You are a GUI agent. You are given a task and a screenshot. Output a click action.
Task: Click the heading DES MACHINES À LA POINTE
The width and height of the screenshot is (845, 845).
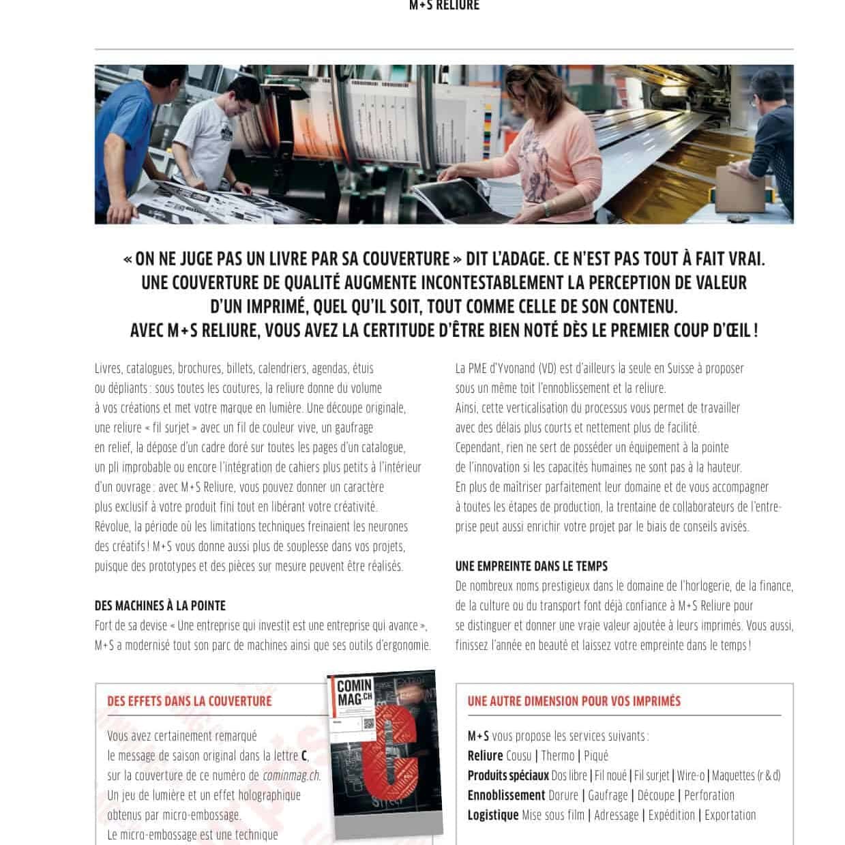click(160, 606)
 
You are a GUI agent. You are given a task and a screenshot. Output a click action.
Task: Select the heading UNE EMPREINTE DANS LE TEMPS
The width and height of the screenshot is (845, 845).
click(531, 566)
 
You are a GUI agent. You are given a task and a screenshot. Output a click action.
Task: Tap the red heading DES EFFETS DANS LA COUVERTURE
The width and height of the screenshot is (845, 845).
click(189, 701)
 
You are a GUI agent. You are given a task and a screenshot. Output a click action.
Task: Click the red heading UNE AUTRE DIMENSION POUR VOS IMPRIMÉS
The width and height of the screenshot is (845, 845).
click(574, 701)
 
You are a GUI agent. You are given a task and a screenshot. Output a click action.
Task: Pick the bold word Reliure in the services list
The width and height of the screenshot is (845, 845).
click(485, 756)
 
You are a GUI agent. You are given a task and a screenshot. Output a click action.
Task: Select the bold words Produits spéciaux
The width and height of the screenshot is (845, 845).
click(507, 775)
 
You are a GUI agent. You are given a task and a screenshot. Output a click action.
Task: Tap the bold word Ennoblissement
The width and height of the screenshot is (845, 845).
click(506, 795)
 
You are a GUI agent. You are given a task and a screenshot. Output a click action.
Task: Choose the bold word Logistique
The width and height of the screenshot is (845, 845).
click(492, 815)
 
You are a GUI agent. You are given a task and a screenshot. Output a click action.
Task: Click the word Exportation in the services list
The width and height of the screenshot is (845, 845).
click(730, 815)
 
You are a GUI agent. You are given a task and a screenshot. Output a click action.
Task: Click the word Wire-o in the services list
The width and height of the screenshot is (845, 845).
click(690, 775)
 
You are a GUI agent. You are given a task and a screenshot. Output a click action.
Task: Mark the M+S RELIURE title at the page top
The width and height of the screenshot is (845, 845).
click(444, 5)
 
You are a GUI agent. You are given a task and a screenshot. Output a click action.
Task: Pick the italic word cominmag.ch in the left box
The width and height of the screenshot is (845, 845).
click(291, 775)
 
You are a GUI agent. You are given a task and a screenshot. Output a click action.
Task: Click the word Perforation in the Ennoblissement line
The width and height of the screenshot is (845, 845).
click(709, 795)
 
